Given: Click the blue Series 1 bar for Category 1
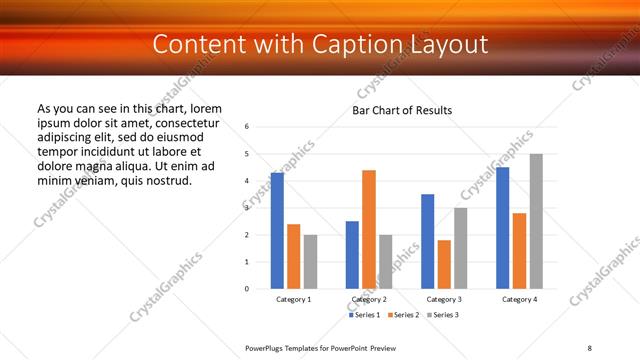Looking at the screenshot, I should coord(277,231).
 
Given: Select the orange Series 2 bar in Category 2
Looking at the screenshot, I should coord(369,229).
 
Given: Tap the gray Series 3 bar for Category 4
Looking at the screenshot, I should coord(536,221).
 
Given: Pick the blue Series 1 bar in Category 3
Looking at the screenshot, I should coord(427,241).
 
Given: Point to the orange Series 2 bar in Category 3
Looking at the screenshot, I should coord(444,264).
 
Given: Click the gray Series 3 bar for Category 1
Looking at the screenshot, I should coord(310,262).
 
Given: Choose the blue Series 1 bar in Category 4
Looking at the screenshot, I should coord(502,228).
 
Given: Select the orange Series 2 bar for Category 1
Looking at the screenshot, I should coord(294,256).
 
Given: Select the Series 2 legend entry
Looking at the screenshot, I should coord(403,315).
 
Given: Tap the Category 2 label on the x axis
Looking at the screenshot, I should coord(369,300).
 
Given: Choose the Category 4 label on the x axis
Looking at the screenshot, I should coord(519,300).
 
